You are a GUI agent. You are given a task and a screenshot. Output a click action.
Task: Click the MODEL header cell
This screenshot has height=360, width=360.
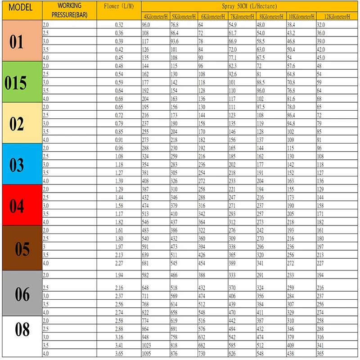tap(22, 9)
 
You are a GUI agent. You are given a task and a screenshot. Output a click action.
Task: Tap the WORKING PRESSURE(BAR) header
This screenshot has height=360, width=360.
tap(69, 9)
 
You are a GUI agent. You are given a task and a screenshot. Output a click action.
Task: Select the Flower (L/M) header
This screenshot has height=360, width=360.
tap(119, 6)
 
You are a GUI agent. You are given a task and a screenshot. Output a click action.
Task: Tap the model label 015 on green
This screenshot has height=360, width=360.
tap(16, 83)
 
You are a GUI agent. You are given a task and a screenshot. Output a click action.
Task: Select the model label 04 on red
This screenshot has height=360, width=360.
tap(17, 206)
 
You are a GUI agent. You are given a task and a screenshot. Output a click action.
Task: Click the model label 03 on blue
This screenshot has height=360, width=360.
tap(17, 165)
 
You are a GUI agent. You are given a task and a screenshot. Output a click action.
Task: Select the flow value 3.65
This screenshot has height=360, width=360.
tap(119, 354)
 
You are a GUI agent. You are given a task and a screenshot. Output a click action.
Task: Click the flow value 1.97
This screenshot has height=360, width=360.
tap(119, 247)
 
